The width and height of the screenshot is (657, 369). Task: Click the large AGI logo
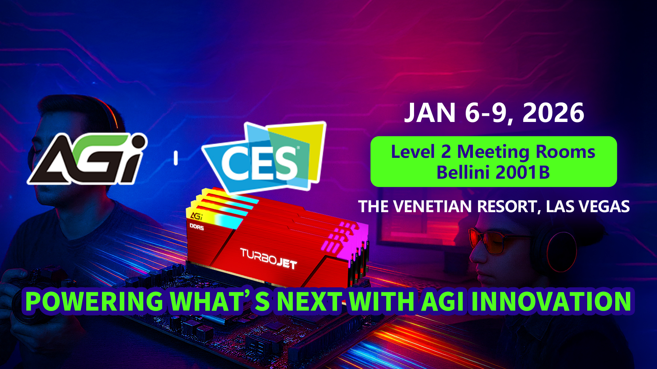[87, 159]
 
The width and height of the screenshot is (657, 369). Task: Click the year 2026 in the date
[553, 113]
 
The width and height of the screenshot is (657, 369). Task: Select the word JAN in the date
[430, 113]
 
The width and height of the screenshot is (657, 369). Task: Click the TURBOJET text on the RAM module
[269, 258]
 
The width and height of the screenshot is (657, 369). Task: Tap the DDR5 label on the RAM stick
[197, 227]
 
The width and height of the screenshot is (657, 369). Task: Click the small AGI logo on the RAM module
[196, 216]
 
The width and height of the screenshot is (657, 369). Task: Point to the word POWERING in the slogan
[94, 301]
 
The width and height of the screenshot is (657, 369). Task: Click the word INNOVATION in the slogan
[551, 301]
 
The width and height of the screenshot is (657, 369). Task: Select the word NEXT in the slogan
[309, 301]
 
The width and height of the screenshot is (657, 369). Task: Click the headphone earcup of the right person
[561, 251]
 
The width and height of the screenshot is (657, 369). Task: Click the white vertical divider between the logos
[176, 159]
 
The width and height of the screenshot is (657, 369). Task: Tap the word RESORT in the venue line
[507, 206]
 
